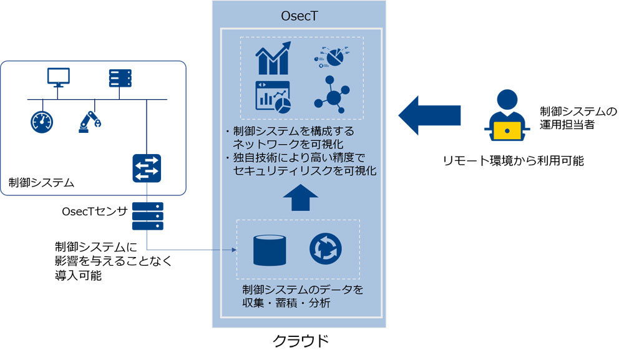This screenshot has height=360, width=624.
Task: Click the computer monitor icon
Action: (x=59, y=78)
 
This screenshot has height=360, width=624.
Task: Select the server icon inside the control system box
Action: (x=119, y=78)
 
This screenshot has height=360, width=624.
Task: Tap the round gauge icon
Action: (x=41, y=122)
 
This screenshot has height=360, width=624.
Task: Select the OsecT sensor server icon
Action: (x=147, y=216)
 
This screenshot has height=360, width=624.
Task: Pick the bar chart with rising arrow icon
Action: (x=273, y=58)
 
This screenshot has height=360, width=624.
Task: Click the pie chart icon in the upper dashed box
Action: (x=329, y=57)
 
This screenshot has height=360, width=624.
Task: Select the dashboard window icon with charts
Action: (x=273, y=97)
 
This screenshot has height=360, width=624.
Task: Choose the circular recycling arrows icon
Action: (x=325, y=249)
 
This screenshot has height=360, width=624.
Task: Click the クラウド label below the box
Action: (x=300, y=341)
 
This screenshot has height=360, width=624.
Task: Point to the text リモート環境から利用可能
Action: (x=513, y=160)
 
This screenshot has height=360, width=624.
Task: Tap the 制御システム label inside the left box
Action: (x=42, y=183)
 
